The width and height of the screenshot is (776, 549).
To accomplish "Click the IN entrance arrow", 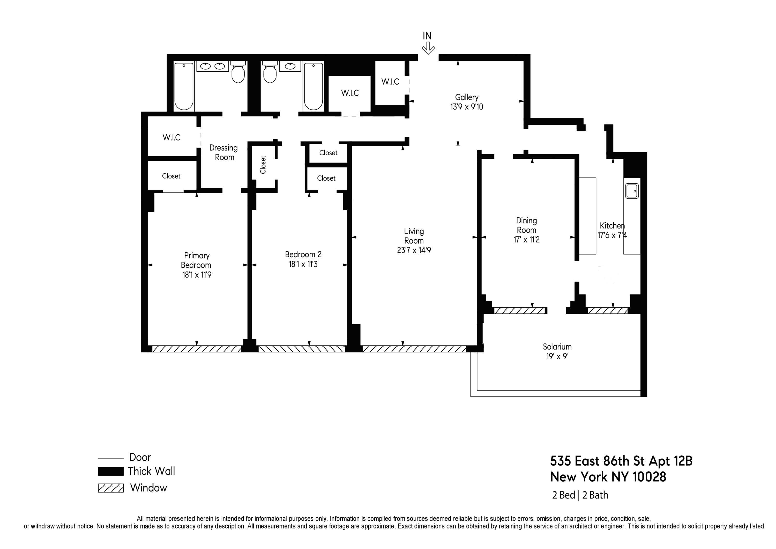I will click(x=428, y=48).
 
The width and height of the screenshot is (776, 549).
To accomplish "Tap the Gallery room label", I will click(x=466, y=97).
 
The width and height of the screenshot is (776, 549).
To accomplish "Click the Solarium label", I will click(x=557, y=347).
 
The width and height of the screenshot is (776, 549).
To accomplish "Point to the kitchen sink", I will click(x=632, y=191).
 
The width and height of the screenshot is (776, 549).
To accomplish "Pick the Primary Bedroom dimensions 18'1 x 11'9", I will click(x=197, y=275).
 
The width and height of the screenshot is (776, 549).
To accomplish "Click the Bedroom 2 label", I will click(x=303, y=254).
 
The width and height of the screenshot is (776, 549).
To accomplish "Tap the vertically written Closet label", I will click(x=263, y=165).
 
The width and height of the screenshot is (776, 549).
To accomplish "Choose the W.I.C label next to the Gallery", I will click(x=390, y=82).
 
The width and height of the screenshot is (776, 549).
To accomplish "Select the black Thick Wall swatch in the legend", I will click(x=110, y=471).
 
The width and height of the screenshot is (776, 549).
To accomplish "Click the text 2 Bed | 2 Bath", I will click(x=580, y=495).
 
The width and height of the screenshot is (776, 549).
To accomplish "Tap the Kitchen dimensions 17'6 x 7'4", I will click(x=612, y=235).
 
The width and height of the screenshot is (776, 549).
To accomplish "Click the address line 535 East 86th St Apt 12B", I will click(x=621, y=461).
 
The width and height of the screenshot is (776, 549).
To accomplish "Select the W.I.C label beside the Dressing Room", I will click(x=171, y=137).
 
